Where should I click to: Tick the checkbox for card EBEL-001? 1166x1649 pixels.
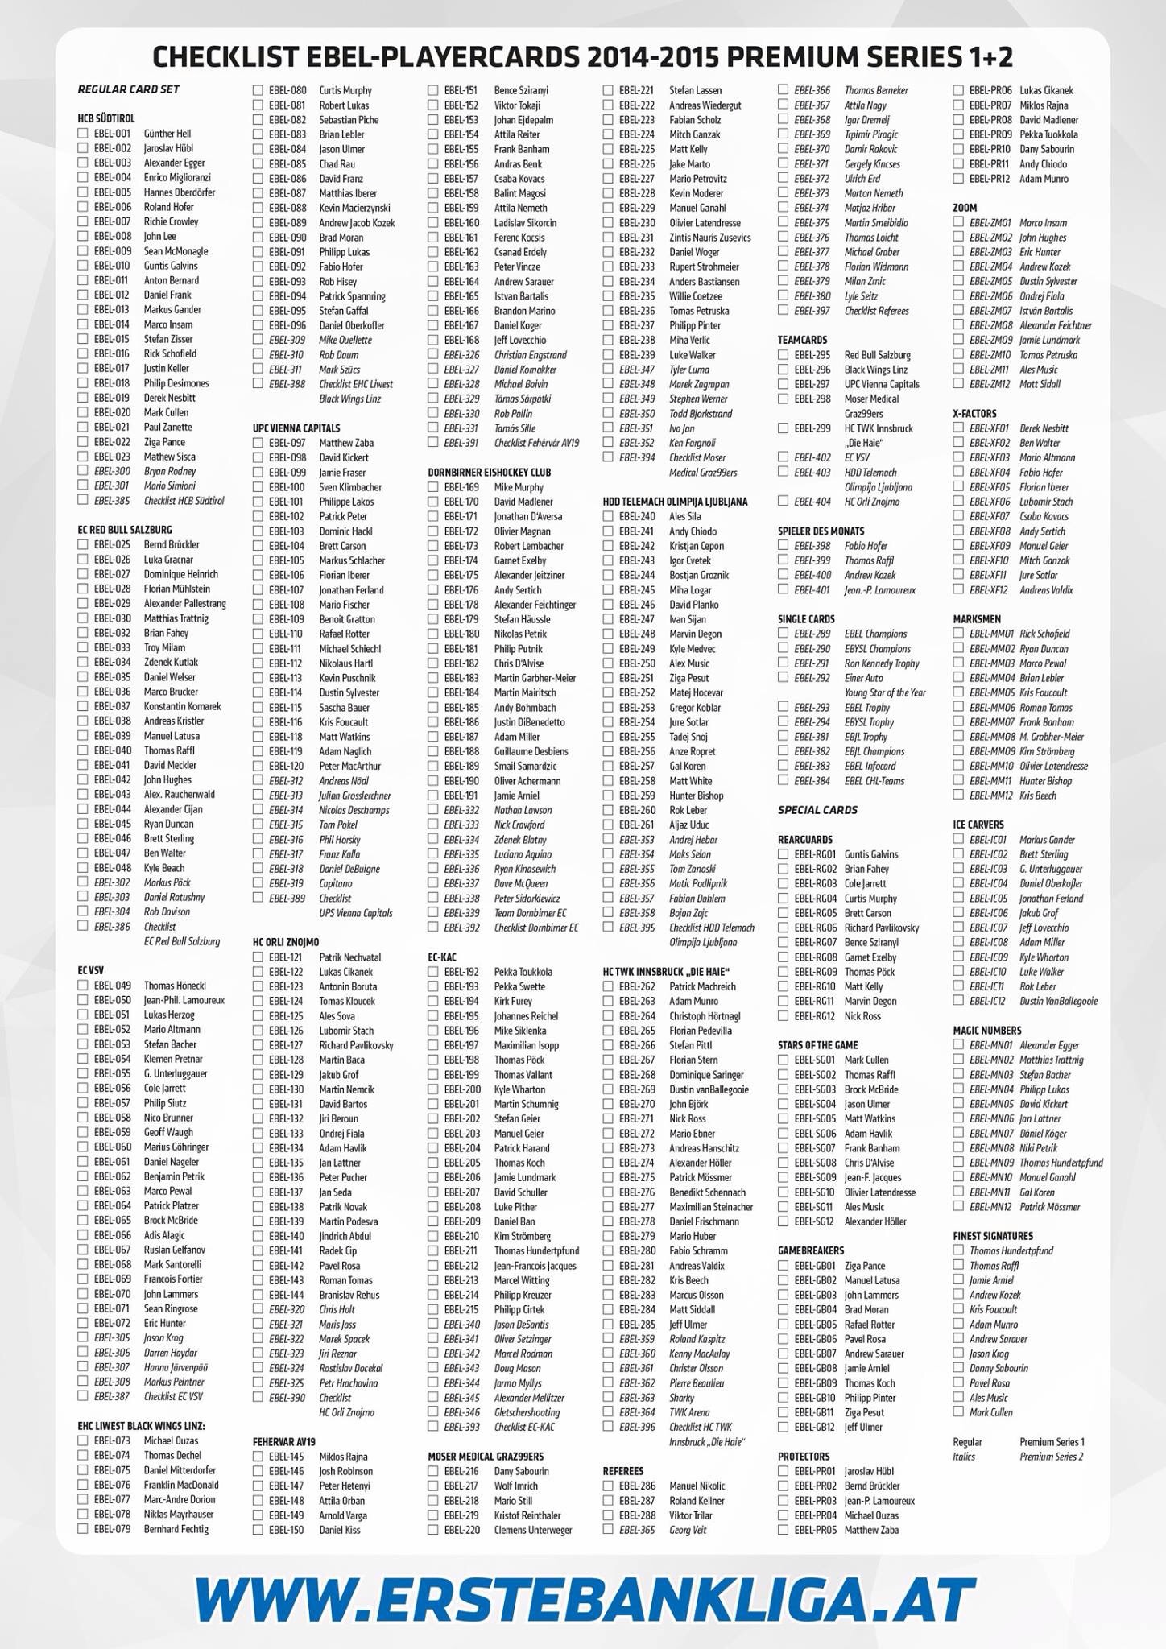(83, 134)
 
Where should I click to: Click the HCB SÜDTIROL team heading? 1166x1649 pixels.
(106, 118)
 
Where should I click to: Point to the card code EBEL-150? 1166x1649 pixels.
(287, 1530)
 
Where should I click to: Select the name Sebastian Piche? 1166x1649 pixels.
(349, 120)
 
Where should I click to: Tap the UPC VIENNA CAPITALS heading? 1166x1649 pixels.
(296, 428)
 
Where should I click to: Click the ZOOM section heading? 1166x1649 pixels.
(965, 208)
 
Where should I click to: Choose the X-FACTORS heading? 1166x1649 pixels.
(974, 414)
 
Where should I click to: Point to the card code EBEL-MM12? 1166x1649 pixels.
(991, 796)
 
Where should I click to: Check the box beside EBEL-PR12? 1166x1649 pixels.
(958, 179)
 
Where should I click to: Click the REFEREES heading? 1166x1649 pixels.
(623, 1471)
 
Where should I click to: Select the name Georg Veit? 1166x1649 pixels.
(688, 1530)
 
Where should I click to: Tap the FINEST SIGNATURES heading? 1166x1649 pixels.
(993, 1236)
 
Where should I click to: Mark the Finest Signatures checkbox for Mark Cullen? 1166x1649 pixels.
(958, 1411)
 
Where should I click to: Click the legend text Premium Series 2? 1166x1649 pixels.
(1052, 1457)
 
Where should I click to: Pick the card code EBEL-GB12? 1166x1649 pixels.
(816, 1427)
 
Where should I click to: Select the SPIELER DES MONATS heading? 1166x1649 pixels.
(821, 531)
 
